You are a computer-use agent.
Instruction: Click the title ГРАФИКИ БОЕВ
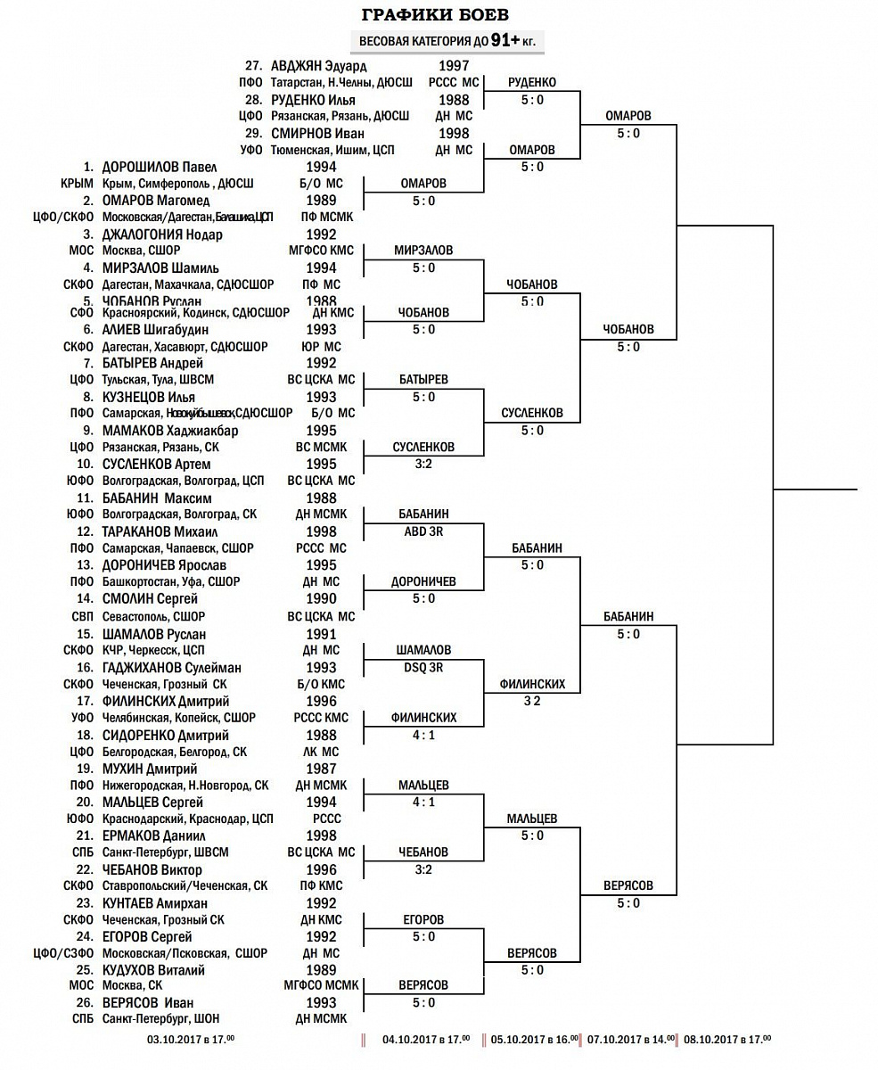point(436,15)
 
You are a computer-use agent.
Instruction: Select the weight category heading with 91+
point(448,41)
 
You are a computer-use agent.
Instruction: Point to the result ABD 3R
point(423,531)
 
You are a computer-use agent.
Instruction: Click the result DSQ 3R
point(423,667)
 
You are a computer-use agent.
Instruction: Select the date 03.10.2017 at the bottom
point(190,1040)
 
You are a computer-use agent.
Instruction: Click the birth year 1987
point(321,769)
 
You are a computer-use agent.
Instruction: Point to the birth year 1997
point(454,66)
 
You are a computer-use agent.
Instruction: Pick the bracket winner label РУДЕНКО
point(531,83)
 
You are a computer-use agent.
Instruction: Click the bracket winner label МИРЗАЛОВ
point(423,251)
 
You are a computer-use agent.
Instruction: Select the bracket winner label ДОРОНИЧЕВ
point(423,582)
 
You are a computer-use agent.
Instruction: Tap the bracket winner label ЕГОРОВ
point(423,919)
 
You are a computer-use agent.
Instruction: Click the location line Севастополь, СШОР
point(153,616)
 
